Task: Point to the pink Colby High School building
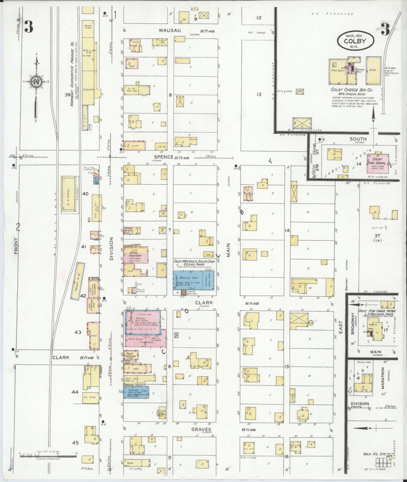click(377, 163)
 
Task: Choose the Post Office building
click(131, 355)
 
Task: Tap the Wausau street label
click(169, 30)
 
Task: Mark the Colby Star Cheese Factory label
click(377, 311)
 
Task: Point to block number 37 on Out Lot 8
click(377, 235)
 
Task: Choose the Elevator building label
click(89, 90)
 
